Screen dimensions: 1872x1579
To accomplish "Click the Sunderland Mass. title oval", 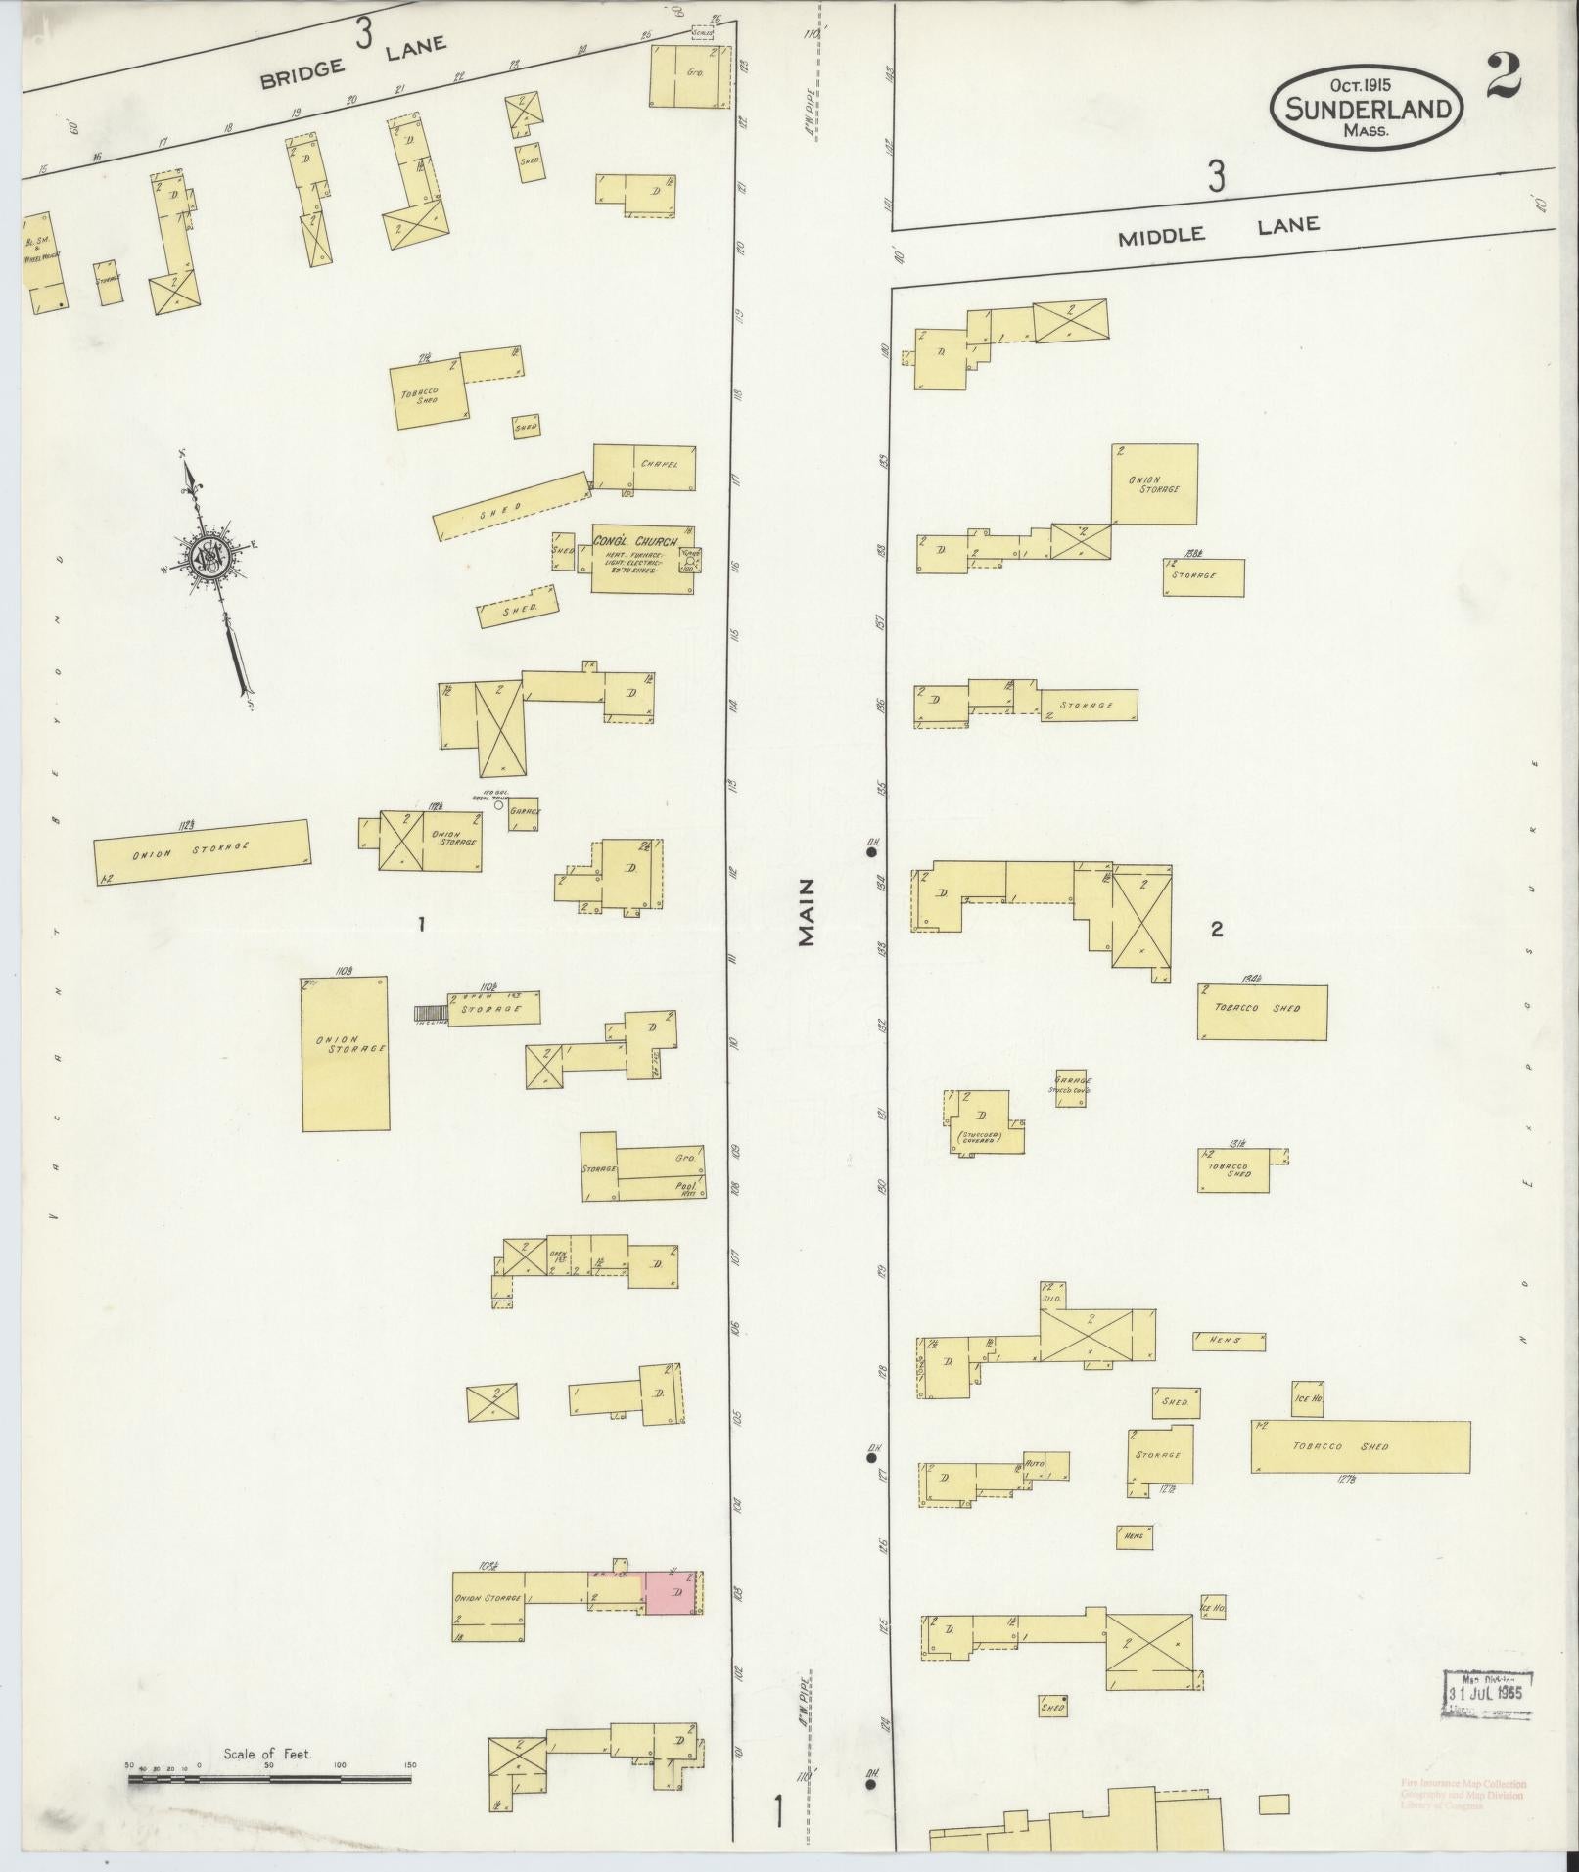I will [x=1369, y=107].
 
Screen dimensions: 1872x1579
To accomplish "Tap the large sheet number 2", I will [x=1502, y=77].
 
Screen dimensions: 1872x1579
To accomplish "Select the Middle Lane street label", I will [x=1219, y=230].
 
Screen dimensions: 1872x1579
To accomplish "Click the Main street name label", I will [x=807, y=911].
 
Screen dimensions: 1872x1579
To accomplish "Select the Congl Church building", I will [x=642, y=558].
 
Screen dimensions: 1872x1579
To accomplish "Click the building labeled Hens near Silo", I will [x=1229, y=1340].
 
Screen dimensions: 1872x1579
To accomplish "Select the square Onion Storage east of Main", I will [x=1154, y=484].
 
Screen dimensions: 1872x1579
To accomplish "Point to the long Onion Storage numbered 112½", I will [x=202, y=851].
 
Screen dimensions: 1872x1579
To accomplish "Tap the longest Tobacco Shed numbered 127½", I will [x=1360, y=1446].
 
